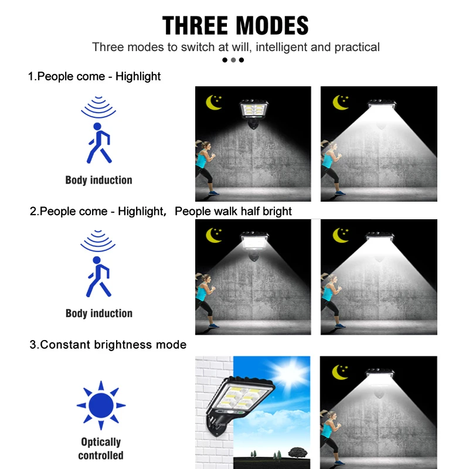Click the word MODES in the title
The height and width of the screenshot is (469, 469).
pyautogui.click(x=273, y=26)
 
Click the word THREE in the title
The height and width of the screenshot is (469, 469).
pyautogui.click(x=196, y=26)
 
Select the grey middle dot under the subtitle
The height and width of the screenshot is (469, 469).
pyautogui.click(x=233, y=60)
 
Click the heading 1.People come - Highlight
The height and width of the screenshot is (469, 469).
pyautogui.click(x=94, y=77)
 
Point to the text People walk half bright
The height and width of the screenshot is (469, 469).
pyautogui.click(x=233, y=212)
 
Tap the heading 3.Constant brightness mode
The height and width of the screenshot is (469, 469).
pyautogui.click(x=108, y=345)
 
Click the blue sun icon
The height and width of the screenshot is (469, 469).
pyautogui.click(x=101, y=405)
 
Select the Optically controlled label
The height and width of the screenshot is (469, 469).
pyautogui.click(x=101, y=448)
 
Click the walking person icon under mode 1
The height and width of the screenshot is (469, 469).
pyautogui.click(x=98, y=143)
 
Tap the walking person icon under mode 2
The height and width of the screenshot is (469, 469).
pyautogui.click(x=98, y=277)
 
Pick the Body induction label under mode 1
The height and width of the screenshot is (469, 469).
pyautogui.click(x=98, y=180)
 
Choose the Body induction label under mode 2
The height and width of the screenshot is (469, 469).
pyautogui.click(x=99, y=314)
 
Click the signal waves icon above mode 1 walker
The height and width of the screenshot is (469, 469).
pyautogui.click(x=98, y=107)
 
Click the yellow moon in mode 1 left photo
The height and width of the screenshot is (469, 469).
pyautogui.click(x=213, y=103)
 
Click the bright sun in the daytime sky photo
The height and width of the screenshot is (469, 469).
pyautogui.click(x=291, y=372)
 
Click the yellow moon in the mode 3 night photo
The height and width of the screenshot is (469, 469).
pyautogui.click(x=340, y=372)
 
